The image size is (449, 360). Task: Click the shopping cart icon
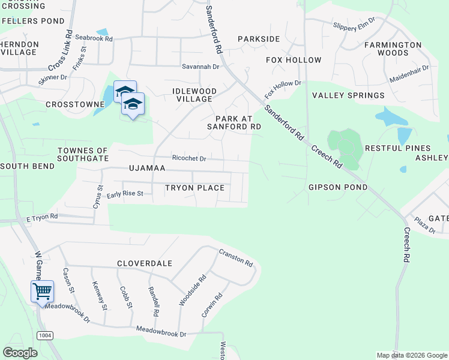point(42,292)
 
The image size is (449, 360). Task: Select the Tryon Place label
point(194,188)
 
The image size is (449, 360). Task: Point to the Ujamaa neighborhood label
point(146,169)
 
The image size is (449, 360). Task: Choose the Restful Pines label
point(397,148)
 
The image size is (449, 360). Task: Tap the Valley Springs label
point(348,95)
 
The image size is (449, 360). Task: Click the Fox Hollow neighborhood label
point(294,60)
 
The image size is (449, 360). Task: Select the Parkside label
point(259,39)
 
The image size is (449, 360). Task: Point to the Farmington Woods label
point(393,49)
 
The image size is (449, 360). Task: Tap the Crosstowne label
point(76,104)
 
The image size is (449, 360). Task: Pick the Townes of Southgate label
point(83,154)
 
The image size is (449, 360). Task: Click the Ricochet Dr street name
point(189,158)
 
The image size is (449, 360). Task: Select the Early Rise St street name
point(125,194)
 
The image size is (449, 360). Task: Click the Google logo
point(20,353)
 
